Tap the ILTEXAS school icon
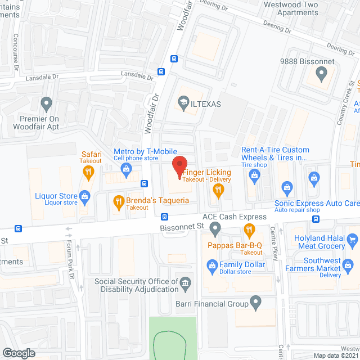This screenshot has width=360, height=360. click(183, 102)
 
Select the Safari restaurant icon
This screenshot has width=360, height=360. click(88, 174)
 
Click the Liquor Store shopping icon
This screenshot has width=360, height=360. click(85, 196)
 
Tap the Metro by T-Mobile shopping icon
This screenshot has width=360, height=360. click(127, 168)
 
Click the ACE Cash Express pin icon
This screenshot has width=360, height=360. click(215, 228)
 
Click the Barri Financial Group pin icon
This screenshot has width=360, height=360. click(256, 304)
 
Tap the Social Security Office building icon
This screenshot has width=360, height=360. click(184, 283)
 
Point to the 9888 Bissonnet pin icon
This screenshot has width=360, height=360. click(321, 73)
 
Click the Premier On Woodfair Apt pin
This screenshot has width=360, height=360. click(47, 103)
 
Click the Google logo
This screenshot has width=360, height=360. click(19, 353)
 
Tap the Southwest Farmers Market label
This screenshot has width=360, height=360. click(330, 264)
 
